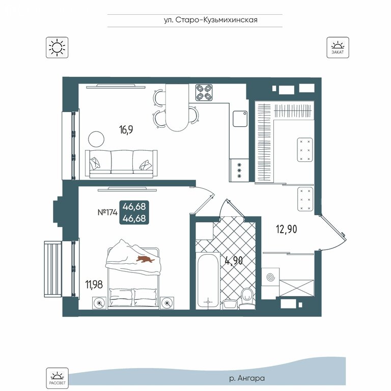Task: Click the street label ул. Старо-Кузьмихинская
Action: (210, 20)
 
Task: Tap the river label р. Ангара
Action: (247, 378)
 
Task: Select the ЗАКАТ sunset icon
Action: (338, 47)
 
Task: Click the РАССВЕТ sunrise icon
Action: (57, 378)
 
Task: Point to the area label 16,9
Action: (126, 130)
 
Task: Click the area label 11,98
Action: (94, 285)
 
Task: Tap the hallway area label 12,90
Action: (287, 229)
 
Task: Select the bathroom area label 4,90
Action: (233, 261)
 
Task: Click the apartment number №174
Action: (107, 212)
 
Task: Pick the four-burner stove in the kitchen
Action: (204, 92)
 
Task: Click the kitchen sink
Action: (240, 119)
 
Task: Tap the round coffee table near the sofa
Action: (96, 139)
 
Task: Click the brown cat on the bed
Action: (145, 259)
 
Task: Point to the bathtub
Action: (208, 281)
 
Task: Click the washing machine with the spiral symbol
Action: (270, 277)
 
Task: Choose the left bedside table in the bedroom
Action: (99, 303)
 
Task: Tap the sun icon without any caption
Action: (57, 47)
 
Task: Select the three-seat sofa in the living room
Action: (121, 164)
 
